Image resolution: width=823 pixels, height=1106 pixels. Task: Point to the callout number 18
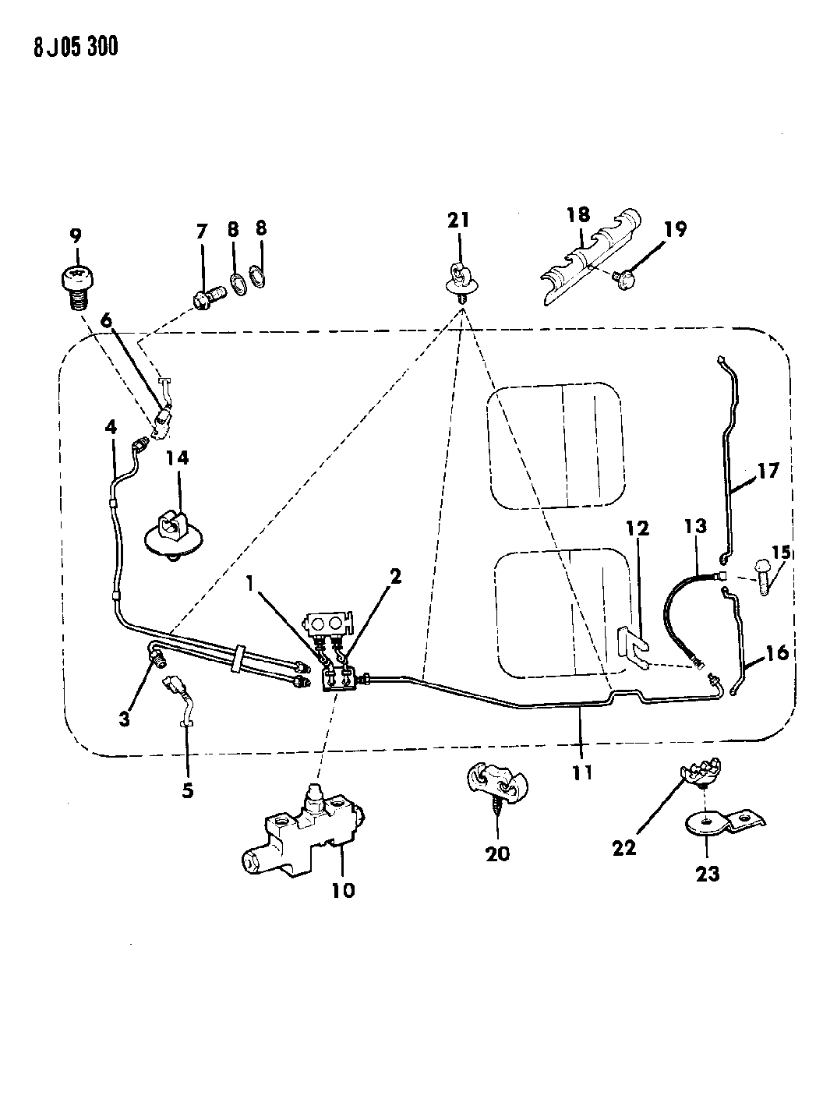click(579, 215)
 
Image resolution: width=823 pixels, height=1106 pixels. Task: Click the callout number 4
click(111, 427)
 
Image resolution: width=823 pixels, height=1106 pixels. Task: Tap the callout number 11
click(582, 772)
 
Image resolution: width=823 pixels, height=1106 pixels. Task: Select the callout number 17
click(768, 472)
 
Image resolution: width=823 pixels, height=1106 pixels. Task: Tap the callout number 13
click(695, 526)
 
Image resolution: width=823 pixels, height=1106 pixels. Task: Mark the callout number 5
click(187, 790)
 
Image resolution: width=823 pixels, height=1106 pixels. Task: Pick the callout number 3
click(125, 719)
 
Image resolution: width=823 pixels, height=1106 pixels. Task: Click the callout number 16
click(778, 653)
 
